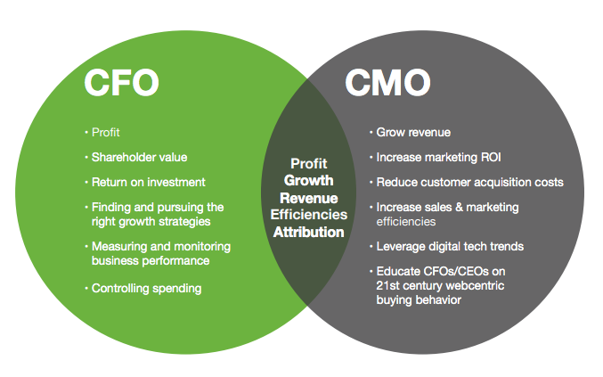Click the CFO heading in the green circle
click(121, 83)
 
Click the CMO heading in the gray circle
click(387, 83)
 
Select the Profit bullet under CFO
click(105, 133)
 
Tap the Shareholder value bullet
click(139, 157)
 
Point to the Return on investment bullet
click(148, 182)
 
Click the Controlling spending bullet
click(146, 288)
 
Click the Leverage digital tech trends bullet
click(449, 245)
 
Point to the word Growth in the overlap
click(308, 180)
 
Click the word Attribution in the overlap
click(308, 232)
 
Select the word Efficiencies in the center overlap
click(308, 215)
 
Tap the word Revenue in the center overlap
click(308, 198)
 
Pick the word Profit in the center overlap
click(308, 164)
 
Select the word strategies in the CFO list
click(183, 221)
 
